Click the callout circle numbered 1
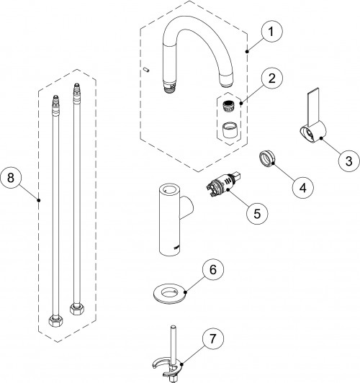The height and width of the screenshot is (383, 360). click(271, 32)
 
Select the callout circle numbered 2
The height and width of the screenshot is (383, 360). click(271, 78)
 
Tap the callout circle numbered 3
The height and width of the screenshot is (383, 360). click(349, 161)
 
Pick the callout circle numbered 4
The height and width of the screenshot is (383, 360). click(303, 188)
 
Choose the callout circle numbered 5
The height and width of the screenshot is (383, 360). click(257, 213)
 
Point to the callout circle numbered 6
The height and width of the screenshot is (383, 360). click(213, 269)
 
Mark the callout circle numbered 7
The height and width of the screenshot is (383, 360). click(213, 338)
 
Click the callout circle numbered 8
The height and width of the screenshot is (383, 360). click(11, 177)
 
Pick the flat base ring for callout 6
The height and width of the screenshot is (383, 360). click(169, 294)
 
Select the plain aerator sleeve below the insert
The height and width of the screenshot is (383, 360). click(230, 129)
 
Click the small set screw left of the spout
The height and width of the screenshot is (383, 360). click(147, 70)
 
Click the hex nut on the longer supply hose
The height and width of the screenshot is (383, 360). click(77, 309)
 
